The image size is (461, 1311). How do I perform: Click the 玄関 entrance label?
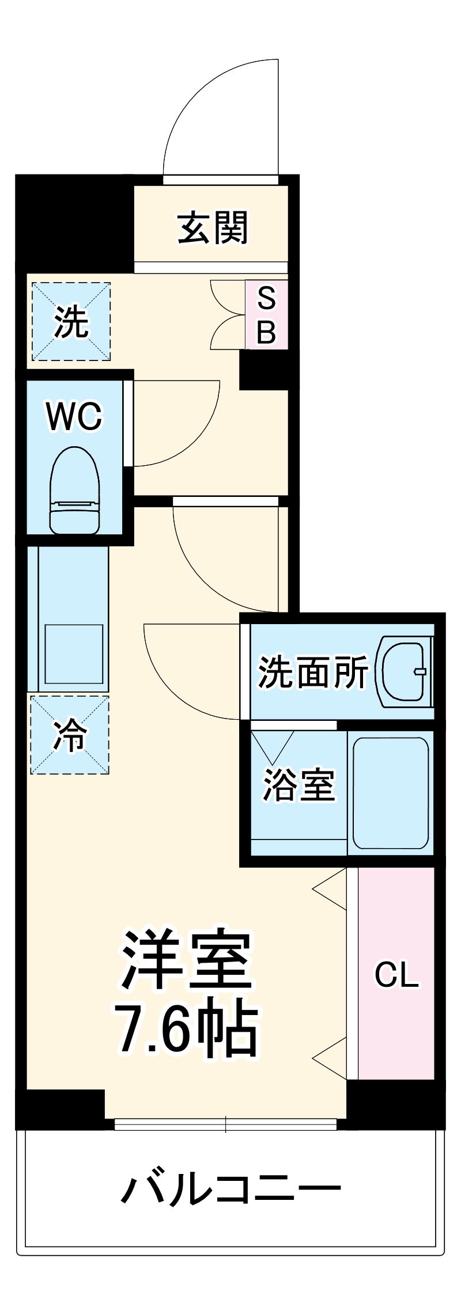(213, 228)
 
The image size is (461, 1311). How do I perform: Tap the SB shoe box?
(266, 314)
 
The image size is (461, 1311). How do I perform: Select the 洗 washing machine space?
(71, 321)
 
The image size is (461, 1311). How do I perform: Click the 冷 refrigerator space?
(70, 735)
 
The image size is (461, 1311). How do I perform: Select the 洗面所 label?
(312, 671)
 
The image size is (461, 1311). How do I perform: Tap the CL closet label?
(396, 975)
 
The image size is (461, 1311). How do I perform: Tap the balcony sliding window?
(225, 1124)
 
